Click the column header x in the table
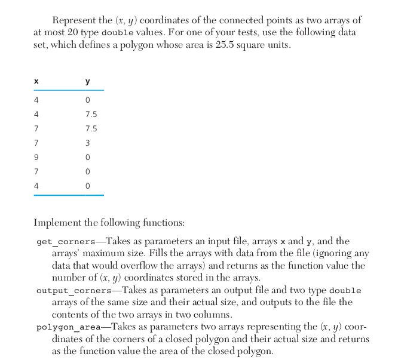(36, 81)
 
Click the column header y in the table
(88, 81)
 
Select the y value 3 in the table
(88, 143)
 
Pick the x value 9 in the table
(36, 158)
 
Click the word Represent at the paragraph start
(74, 20)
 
